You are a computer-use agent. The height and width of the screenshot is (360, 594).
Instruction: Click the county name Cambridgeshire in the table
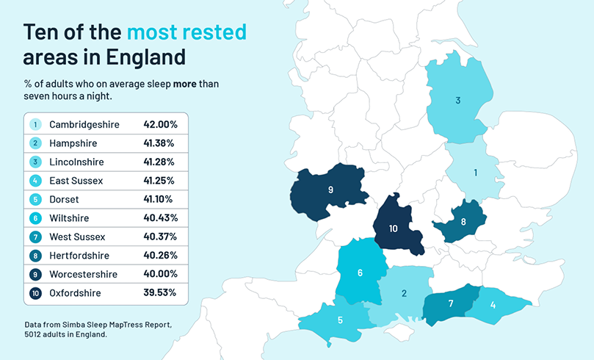pos(84,124)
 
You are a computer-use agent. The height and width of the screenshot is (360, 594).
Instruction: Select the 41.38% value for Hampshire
pos(160,143)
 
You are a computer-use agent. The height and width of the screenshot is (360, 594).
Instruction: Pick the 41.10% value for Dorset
pos(160,199)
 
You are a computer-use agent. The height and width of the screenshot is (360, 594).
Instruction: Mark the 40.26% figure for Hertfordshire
pos(160,255)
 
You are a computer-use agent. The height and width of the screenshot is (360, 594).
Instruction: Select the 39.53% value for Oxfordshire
pos(160,292)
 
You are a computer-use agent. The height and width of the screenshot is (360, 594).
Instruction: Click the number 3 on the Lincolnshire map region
pos(457,101)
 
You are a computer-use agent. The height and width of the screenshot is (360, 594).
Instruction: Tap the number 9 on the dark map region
pos(331,190)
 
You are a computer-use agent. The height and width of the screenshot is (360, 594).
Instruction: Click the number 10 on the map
pos(394,228)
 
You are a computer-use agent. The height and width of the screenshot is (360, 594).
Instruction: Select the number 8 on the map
pos(463,221)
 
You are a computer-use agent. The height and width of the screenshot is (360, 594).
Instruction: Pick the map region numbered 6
pos(360,273)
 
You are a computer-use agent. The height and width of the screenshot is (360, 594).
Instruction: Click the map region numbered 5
pos(340,320)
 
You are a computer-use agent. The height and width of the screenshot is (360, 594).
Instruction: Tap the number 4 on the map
pos(493,305)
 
